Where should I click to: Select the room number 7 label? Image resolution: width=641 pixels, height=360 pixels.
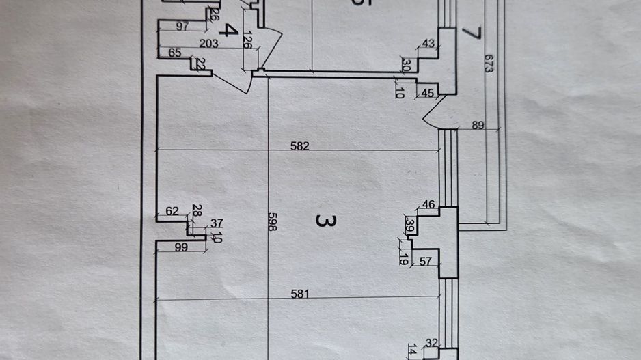pyautogui.click(x=471, y=33)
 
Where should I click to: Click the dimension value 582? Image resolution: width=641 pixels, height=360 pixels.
pyautogui.click(x=300, y=146)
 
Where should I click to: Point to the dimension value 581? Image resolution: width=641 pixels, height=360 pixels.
pyautogui.click(x=301, y=295)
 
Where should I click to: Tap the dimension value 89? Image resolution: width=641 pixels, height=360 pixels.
pyautogui.click(x=478, y=125)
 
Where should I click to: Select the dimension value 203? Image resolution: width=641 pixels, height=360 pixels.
pyautogui.click(x=209, y=44)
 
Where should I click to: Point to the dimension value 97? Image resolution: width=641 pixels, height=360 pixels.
pyautogui.click(x=182, y=27)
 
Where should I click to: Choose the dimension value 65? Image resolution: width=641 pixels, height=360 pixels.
pyautogui.click(x=174, y=53)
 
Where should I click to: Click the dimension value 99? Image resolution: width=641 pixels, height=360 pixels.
pyautogui.click(x=181, y=248)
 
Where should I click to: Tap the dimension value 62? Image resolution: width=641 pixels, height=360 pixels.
pyautogui.click(x=172, y=212)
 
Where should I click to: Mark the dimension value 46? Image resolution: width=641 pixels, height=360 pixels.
pyautogui.click(x=428, y=204)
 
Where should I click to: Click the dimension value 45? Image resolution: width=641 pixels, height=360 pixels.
pyautogui.click(x=427, y=93)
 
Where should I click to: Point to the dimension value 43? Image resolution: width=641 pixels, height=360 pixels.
pyautogui.click(x=428, y=44)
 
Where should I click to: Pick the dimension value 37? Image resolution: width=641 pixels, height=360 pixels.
pyautogui.click(x=217, y=223)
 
